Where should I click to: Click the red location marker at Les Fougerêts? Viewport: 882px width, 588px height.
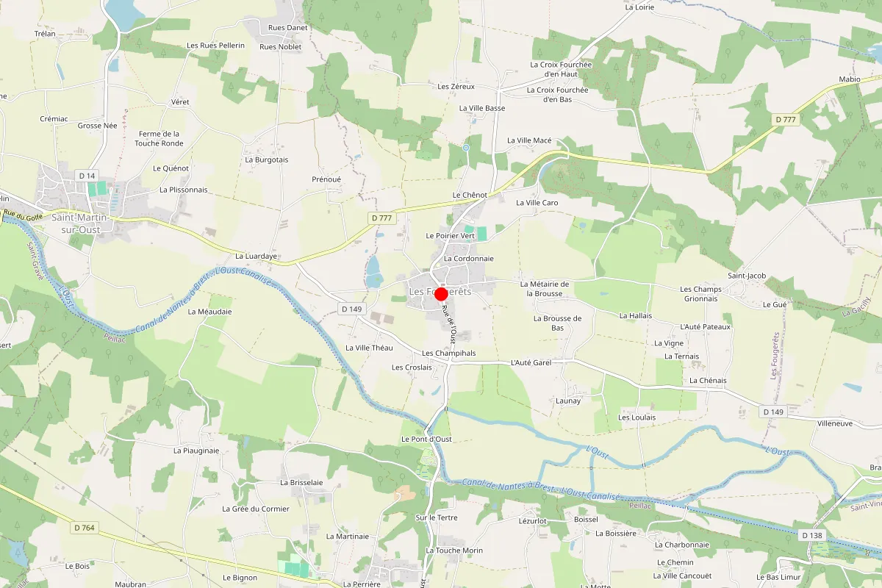tap(442, 294)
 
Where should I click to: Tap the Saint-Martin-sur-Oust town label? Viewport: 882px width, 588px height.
tap(80, 223)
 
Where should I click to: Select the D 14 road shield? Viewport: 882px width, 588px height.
tap(87, 175)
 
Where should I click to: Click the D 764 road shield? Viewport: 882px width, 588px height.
tap(85, 528)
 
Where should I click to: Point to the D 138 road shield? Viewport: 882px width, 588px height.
tap(812, 535)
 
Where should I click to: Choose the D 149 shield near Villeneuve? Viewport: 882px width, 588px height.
tap(773, 412)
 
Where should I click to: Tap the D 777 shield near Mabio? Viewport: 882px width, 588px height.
tap(786, 119)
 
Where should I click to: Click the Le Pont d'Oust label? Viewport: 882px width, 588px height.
tap(426, 439)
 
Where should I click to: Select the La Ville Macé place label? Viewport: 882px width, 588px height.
tap(529, 140)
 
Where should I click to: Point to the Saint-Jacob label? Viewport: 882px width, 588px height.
tap(747, 276)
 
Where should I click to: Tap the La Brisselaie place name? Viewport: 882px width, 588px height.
tap(301, 482)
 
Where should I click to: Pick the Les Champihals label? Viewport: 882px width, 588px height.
tap(448, 353)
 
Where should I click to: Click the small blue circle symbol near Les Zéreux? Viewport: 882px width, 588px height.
tap(466, 148)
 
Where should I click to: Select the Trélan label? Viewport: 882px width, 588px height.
tap(45, 34)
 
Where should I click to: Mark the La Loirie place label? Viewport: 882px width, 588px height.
tap(639, 7)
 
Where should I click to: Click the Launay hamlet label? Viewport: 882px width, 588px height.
tap(568, 401)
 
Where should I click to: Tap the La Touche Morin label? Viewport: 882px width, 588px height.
tap(454, 551)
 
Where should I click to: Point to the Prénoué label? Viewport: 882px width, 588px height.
tap(326, 179)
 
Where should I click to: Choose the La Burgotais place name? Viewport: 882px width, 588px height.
tap(267, 159)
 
